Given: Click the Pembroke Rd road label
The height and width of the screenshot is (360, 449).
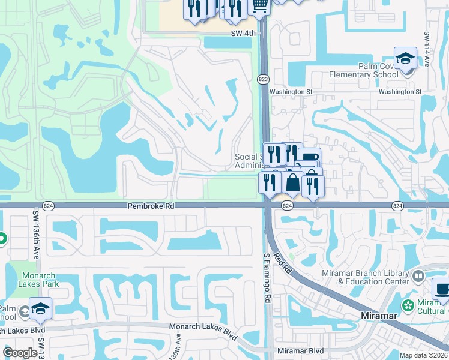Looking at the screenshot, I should point(150,206).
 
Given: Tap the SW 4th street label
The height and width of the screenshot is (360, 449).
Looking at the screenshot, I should point(243,34).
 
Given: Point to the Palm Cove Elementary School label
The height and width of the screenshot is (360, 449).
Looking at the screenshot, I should point(364,70).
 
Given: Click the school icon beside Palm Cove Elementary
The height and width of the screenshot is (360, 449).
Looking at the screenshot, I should point(405,59).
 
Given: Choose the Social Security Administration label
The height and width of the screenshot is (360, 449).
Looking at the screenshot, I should point(247,161).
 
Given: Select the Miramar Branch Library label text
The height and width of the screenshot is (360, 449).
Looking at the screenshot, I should point(372,277).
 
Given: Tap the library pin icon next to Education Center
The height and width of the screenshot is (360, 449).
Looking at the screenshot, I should point(419,277).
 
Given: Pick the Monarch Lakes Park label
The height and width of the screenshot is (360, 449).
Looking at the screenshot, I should point(38,280).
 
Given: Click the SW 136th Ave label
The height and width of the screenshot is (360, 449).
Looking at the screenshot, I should point(35,232).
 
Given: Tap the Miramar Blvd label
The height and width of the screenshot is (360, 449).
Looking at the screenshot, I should point(301,351).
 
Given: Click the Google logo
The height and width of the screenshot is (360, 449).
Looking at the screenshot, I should point(20,353).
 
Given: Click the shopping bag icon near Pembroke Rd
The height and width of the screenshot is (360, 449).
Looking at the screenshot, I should point(293,182).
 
